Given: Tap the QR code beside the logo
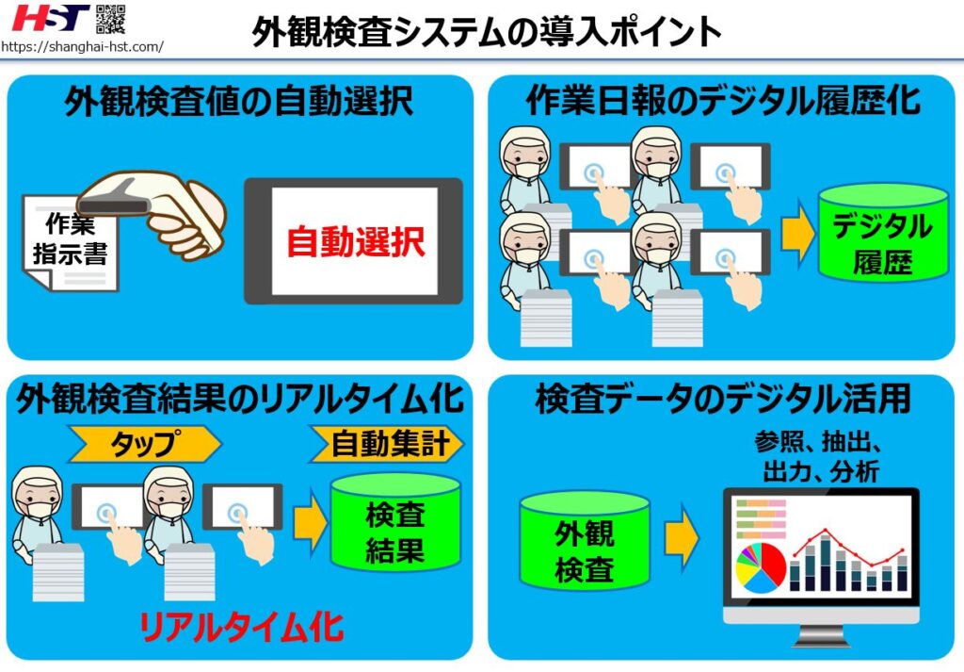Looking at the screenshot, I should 110,18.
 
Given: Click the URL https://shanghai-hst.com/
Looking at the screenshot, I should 82,45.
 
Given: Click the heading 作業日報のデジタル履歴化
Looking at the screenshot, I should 723,100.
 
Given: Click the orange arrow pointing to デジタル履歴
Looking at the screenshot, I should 797,239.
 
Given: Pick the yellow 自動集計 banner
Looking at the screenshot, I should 387,443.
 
